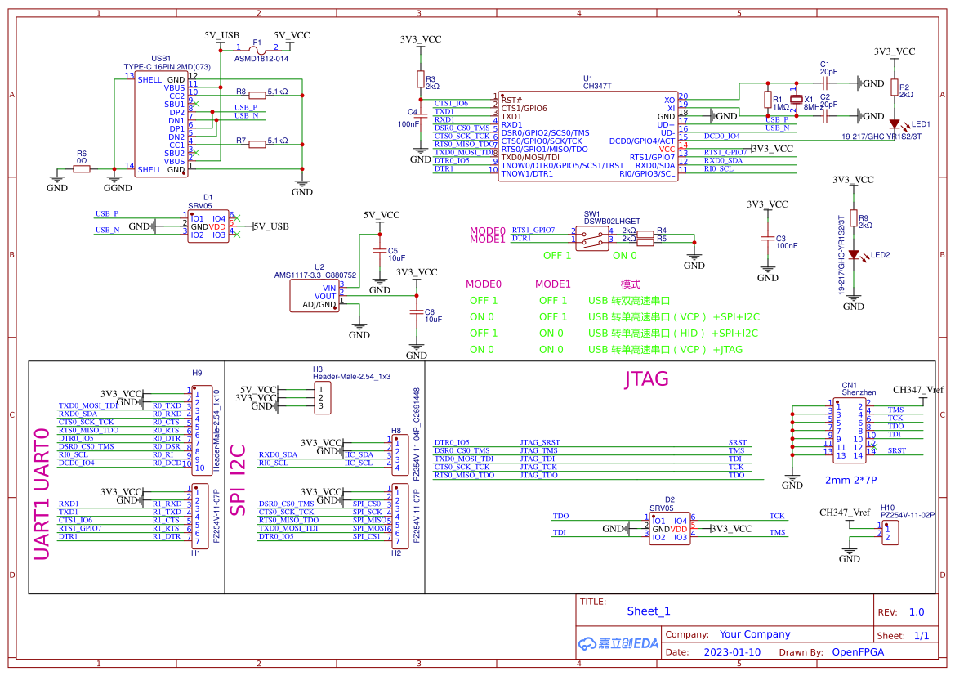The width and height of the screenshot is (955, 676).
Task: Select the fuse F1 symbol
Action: pyautogui.click(x=257, y=48)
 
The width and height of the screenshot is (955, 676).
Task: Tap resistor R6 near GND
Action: pyautogui.click(x=82, y=169)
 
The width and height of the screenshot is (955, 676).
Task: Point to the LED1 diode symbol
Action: pyautogui.click(x=894, y=124)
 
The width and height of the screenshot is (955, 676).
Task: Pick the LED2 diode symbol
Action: pyautogui.click(x=854, y=254)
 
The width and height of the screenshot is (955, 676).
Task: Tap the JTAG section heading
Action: pyautogui.click(x=646, y=378)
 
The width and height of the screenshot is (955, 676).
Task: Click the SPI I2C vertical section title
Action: pyautogui.click(x=239, y=479)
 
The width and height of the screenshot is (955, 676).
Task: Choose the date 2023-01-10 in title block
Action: pyautogui.click(x=732, y=652)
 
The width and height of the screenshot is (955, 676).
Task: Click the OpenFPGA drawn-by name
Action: pyautogui.click(x=858, y=652)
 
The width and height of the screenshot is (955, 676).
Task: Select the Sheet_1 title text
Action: pyautogui.click(x=648, y=611)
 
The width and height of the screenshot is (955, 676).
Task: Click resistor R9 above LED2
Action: pyautogui.click(x=854, y=218)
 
